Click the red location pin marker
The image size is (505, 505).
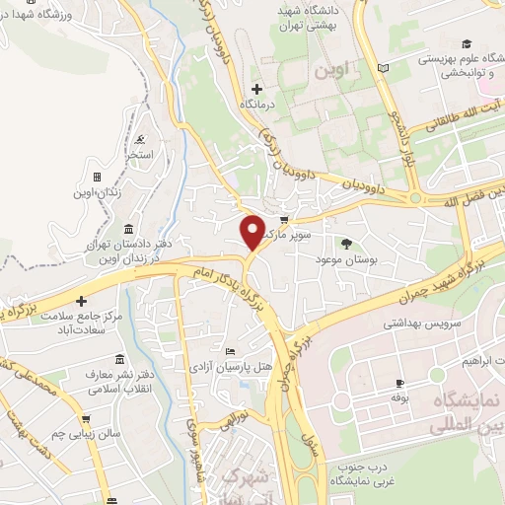click(x=252, y=231)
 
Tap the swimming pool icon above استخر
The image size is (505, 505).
click(x=145, y=139)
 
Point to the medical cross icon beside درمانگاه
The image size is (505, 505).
click(x=257, y=89)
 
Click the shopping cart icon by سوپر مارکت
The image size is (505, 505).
click(x=285, y=221)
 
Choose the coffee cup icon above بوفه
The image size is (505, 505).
click(x=398, y=383)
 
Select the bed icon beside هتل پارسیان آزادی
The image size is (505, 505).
click(x=230, y=352)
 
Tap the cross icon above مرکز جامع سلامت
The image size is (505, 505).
click(x=83, y=301)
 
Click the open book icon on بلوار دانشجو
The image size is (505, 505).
click(x=384, y=67)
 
